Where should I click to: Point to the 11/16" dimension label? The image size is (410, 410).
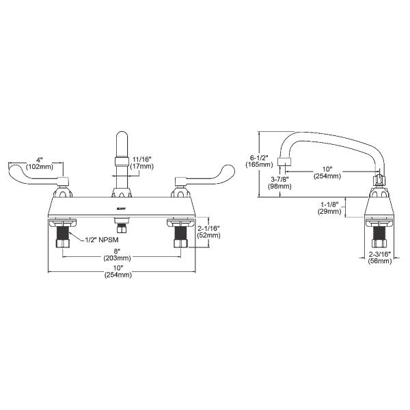[x=142, y=158]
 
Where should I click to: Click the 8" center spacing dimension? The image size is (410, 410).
[x=118, y=251]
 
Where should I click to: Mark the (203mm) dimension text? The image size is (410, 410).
[x=118, y=258]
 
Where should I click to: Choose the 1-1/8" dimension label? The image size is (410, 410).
[x=331, y=204]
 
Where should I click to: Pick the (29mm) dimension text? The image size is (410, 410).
[x=331, y=212]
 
